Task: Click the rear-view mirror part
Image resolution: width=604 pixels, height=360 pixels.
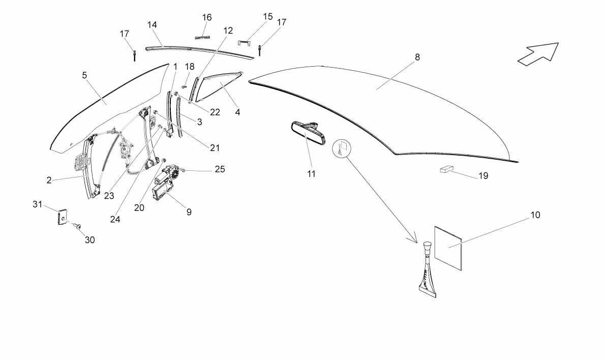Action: pyautogui.click(x=308, y=132)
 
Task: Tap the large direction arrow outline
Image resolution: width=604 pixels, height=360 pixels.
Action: pyautogui.click(x=538, y=53)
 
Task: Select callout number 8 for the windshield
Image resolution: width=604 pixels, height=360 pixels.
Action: pyautogui.click(x=417, y=57)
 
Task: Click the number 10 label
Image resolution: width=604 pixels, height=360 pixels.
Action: pyautogui.click(x=535, y=215)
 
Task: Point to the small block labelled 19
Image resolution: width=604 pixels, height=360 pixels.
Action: pyautogui.click(x=447, y=169)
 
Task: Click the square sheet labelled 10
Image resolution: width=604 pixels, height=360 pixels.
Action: pyautogui.click(x=448, y=248)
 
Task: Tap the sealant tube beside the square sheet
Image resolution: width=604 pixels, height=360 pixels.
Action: pyautogui.click(x=428, y=270)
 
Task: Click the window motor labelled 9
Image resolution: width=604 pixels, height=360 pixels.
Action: pyautogui.click(x=165, y=183)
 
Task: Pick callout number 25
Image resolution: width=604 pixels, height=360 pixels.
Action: pyautogui.click(x=220, y=169)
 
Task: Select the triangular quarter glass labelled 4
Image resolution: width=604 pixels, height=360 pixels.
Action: pyautogui.click(x=218, y=86)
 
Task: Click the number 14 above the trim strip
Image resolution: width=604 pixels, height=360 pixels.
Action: pyautogui.click(x=152, y=25)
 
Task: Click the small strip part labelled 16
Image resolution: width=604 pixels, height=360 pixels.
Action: pyautogui.click(x=202, y=38)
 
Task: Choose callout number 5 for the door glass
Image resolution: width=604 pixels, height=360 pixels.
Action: pyautogui.click(x=84, y=75)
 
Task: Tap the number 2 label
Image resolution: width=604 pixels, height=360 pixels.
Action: pyautogui.click(x=49, y=181)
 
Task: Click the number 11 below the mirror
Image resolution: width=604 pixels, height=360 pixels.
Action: pyautogui.click(x=311, y=174)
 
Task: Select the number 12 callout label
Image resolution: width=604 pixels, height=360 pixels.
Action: pyautogui.click(x=228, y=31)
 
